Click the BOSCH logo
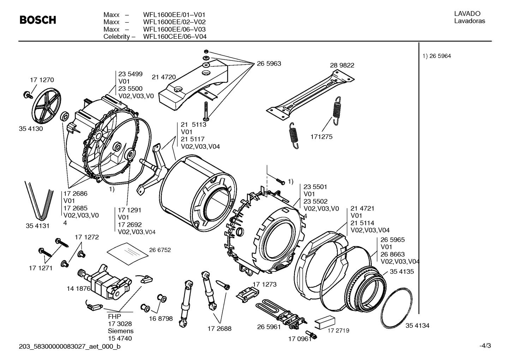(x=38, y=20)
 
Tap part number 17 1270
(x=42, y=80)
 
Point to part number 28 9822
(x=342, y=65)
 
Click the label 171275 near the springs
(x=321, y=137)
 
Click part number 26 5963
(x=269, y=64)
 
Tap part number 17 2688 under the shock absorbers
(x=219, y=329)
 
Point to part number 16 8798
(x=161, y=318)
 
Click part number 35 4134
(x=417, y=325)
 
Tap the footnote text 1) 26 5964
(x=437, y=56)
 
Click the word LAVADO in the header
(x=467, y=14)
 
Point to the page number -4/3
(x=485, y=346)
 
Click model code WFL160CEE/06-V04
(x=175, y=36)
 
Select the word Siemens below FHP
(x=121, y=331)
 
